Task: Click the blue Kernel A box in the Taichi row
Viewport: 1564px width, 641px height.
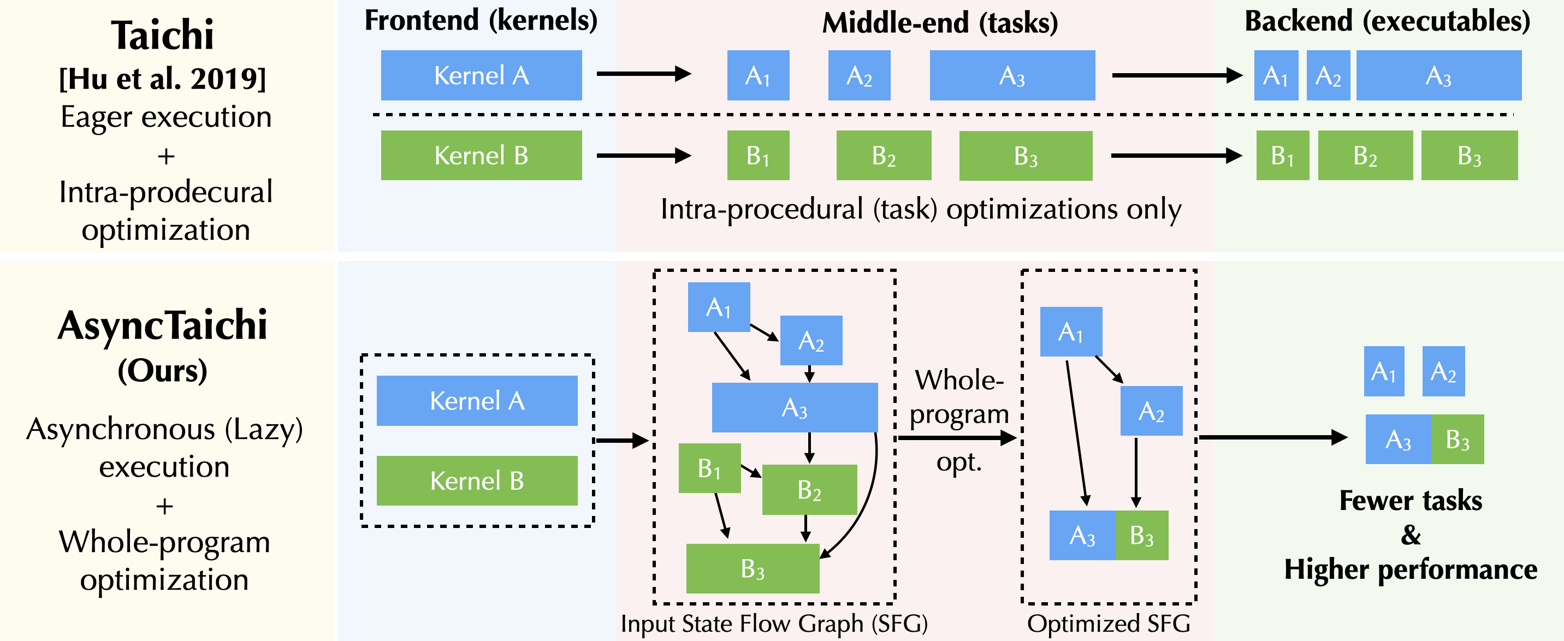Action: (481, 75)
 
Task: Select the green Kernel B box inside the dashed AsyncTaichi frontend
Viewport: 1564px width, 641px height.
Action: (477, 480)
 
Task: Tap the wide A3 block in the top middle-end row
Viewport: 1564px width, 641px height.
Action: (1012, 75)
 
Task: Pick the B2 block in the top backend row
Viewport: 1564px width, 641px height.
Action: (1365, 156)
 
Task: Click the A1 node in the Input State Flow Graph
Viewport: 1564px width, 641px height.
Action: (718, 307)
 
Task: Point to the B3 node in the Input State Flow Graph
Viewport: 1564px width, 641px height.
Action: (753, 568)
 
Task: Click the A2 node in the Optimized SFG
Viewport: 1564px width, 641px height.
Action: (1151, 411)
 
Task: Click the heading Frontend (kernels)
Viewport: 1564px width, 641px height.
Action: (481, 21)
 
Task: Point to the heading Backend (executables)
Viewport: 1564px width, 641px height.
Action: (1387, 22)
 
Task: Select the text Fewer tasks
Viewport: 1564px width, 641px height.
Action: (1410, 501)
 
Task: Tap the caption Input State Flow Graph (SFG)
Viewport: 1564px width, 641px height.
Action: (773, 624)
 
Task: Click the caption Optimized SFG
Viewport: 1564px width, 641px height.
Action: (1108, 624)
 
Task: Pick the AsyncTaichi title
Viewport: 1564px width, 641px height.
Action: (163, 326)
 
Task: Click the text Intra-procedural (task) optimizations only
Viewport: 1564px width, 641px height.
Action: (920, 210)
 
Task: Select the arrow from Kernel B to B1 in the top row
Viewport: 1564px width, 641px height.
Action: (644, 156)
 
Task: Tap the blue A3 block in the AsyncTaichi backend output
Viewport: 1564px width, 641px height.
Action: (1397, 439)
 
